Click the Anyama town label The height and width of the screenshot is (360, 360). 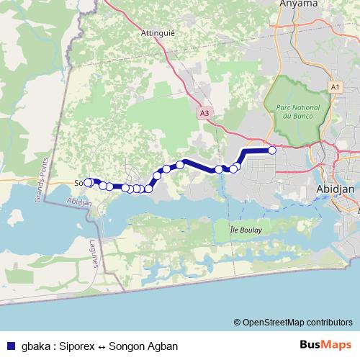297,4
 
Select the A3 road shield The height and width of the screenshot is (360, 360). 205,113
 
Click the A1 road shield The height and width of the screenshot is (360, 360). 333,86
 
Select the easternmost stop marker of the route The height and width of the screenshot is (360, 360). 272,150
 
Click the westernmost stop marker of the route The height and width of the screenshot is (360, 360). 89,183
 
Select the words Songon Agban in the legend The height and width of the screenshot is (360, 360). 143,346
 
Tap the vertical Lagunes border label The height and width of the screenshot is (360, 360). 94,253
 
